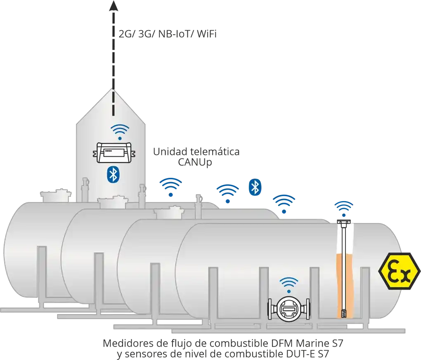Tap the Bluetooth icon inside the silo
tap(113, 174)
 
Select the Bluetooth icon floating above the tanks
tap(255, 187)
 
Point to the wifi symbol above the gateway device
tap(120, 132)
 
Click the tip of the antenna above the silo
tap(112, 5)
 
